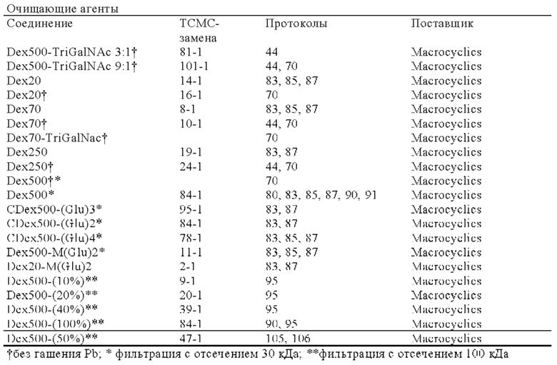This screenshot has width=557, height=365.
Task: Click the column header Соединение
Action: point(39,24)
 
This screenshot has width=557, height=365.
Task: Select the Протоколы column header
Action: point(296,24)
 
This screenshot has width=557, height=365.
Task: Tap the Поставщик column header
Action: point(442,24)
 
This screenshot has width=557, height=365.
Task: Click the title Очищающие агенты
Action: point(63,9)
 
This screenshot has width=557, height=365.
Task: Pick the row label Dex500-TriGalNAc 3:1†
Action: point(71,52)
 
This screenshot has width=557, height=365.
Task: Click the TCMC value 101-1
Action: point(194,66)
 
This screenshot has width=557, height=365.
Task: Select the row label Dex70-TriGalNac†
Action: point(57,138)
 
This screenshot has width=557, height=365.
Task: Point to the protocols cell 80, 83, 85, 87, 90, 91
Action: point(321,195)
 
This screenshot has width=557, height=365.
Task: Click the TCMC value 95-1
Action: point(191,209)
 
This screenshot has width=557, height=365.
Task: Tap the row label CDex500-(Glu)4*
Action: point(54,238)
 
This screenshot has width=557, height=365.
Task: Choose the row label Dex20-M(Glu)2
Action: point(49,266)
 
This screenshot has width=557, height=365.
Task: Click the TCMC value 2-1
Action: point(188,266)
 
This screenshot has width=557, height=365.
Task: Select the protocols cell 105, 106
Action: point(288,339)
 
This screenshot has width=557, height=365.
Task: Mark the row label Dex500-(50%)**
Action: point(52,339)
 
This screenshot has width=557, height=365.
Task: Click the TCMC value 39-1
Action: point(191,309)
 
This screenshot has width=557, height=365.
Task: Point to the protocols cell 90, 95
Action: point(281,324)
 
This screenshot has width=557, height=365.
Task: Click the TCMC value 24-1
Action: point(191,166)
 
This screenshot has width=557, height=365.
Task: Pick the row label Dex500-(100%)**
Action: point(55,324)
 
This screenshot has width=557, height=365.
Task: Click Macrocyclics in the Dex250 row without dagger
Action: point(446,152)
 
